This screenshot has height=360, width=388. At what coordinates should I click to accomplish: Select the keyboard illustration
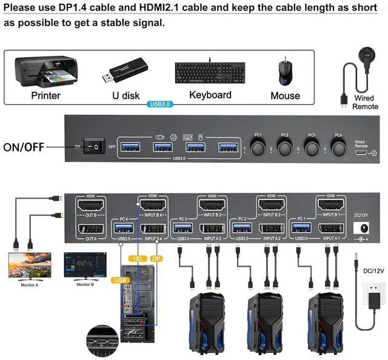210,73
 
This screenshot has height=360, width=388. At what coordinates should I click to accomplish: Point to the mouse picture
284,72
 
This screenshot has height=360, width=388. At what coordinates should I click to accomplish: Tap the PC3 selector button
312,147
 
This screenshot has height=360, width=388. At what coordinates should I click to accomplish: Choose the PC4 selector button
338,147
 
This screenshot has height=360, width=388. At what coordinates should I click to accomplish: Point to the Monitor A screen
30,265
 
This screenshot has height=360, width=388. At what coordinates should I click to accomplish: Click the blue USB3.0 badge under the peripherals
160,104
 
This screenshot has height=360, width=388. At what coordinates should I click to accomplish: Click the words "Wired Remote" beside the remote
365,102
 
